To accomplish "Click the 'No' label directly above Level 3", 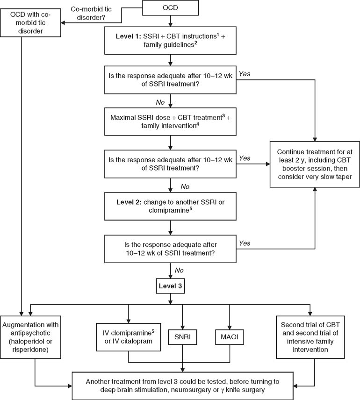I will click(x=180, y=270).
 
